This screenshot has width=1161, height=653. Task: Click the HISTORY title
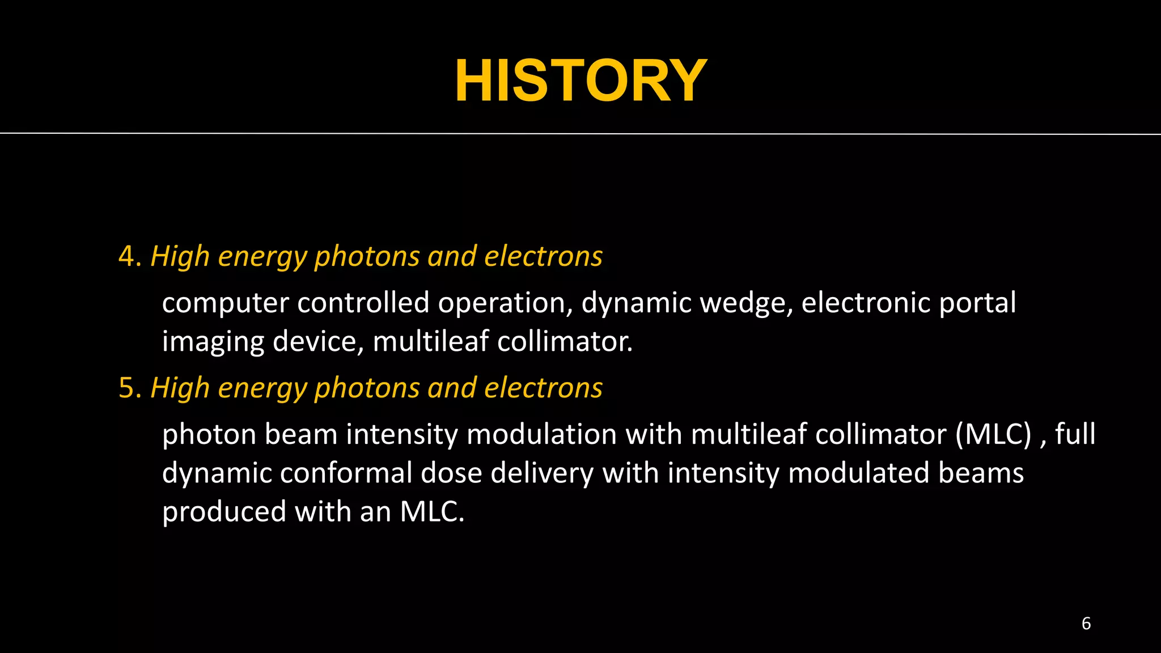tap(580, 81)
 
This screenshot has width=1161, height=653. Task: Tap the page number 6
tap(1086, 624)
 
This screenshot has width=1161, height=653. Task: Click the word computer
tap(225, 303)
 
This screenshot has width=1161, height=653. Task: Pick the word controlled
tap(363, 302)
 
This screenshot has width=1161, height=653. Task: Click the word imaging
tap(213, 342)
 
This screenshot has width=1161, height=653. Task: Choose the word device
tap(317, 341)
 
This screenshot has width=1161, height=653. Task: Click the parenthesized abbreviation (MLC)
tap(993, 435)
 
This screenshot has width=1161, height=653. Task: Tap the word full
tap(1075, 434)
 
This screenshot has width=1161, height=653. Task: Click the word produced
tap(224, 512)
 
